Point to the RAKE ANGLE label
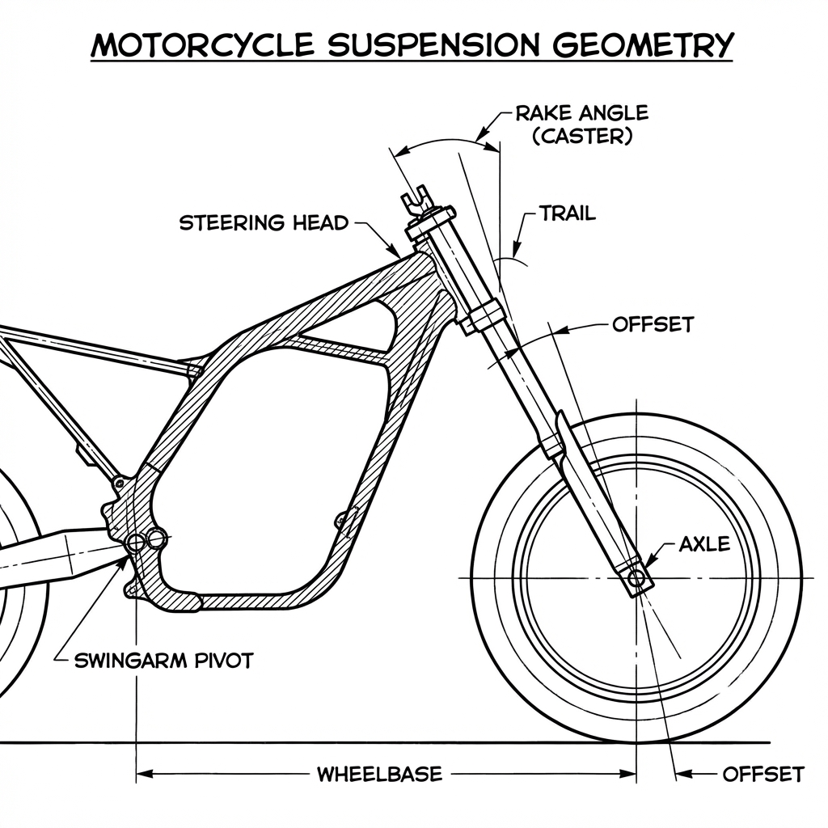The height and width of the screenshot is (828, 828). click(x=581, y=113)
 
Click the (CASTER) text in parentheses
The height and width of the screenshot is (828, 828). click(x=581, y=136)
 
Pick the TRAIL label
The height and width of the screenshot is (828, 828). click(x=567, y=213)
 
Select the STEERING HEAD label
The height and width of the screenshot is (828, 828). click(x=263, y=222)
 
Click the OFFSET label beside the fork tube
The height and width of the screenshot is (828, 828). click(x=653, y=325)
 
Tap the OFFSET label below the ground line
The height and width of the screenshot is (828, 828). click(x=763, y=774)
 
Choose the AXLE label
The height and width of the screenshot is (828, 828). click(x=704, y=544)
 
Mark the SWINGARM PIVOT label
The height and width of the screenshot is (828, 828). click(x=163, y=660)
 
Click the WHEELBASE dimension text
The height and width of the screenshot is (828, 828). click(x=378, y=774)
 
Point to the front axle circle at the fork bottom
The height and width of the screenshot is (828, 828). click(x=637, y=578)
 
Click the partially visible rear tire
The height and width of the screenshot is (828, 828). click(x=24, y=615)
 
